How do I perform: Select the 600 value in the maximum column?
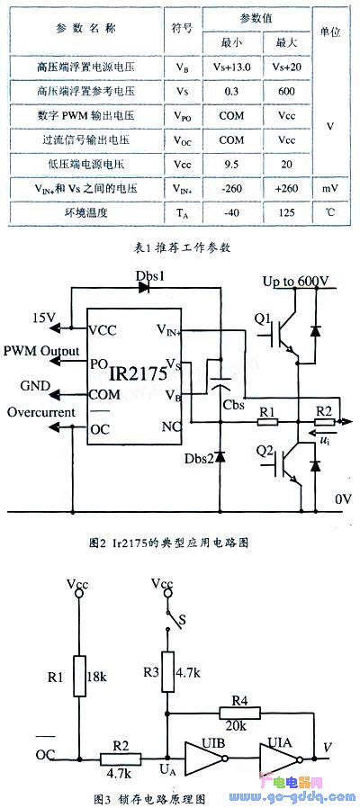click(285, 91)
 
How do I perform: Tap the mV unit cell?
click(330, 188)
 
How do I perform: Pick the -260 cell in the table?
click(231, 189)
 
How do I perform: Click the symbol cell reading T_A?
click(182, 213)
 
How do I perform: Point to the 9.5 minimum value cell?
click(231, 165)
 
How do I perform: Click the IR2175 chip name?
click(138, 373)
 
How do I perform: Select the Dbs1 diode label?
click(150, 275)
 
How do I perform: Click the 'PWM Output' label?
click(41, 352)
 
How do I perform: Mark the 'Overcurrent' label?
click(41, 412)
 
